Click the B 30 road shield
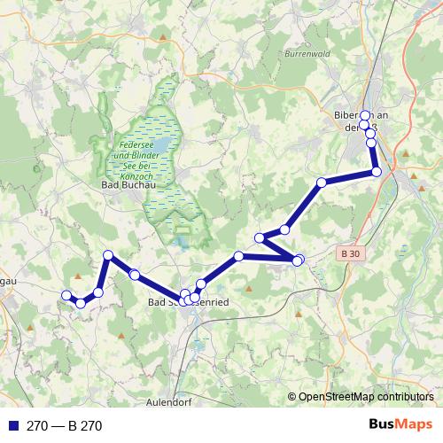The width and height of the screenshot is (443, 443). point(351,253)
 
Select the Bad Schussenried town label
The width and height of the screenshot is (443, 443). point(188,303)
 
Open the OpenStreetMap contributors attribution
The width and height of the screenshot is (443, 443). point(365,397)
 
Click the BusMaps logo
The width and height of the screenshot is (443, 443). point(400,425)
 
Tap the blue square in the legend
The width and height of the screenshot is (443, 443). point(12,426)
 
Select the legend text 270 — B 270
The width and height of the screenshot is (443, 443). point(65,426)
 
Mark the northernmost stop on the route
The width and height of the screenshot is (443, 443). point(365,115)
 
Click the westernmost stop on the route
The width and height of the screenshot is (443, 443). point(66,295)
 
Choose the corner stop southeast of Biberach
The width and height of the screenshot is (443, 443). point(376,172)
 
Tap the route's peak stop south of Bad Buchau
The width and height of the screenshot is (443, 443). point(108,255)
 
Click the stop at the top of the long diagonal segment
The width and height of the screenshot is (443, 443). point(322,183)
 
